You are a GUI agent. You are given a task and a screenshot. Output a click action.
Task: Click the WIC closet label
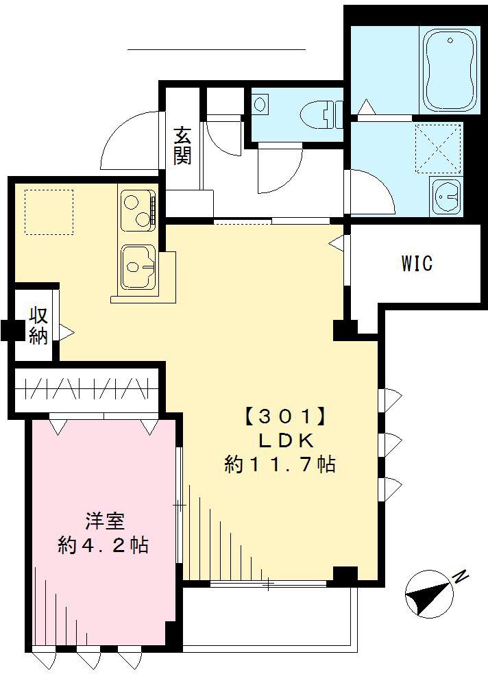click(x=417, y=263)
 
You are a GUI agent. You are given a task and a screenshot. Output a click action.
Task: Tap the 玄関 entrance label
click(x=182, y=145)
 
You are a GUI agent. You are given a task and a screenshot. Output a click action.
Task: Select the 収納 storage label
click(x=38, y=326)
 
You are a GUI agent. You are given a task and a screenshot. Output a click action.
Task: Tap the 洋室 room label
click(x=104, y=521)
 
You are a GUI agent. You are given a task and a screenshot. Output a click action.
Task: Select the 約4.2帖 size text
click(x=103, y=546)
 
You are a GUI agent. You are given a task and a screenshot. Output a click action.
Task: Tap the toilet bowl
click(x=321, y=112)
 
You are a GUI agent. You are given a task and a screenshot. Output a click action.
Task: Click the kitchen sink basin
click(x=138, y=266)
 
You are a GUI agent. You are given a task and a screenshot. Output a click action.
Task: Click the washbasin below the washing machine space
click(x=447, y=197)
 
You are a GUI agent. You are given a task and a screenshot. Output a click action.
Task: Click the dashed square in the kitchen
click(x=49, y=212)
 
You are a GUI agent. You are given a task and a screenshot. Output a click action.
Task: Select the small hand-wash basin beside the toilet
click(x=260, y=105)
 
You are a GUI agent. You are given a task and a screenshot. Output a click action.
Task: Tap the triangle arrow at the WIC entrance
click(x=337, y=242)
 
